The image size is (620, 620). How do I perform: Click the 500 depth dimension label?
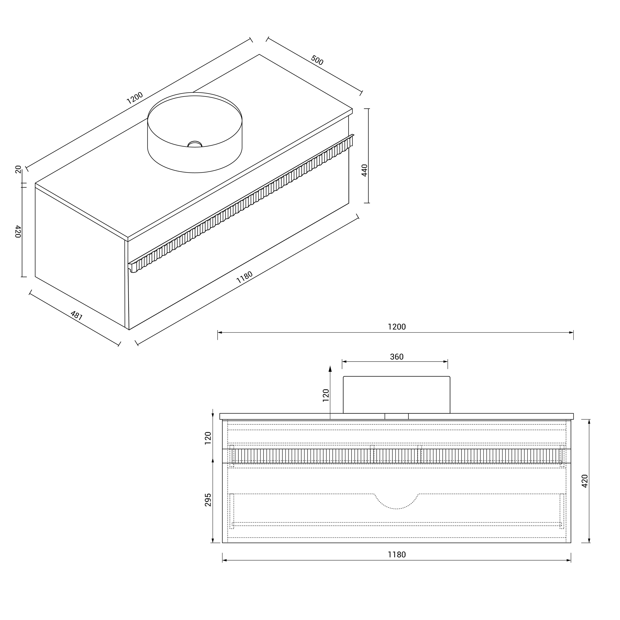tap(317, 60)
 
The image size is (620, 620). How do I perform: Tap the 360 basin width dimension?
tap(397, 357)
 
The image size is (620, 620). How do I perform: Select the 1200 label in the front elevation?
tap(397, 327)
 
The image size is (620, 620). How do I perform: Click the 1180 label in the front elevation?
tap(397, 555)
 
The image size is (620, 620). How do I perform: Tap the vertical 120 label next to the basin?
tap(326, 395)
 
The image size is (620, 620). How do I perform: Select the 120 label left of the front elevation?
tap(208, 438)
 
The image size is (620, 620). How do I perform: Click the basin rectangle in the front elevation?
tap(397, 395)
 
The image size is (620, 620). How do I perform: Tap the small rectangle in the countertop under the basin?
tap(397, 416)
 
